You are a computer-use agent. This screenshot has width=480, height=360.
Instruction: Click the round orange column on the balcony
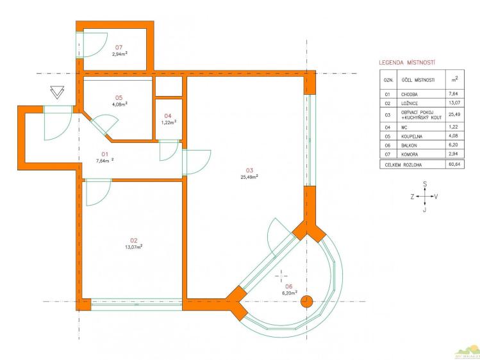(306, 302)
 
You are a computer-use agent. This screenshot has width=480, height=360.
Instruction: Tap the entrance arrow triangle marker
(57, 92)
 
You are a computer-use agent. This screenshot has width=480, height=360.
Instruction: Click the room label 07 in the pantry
(119, 47)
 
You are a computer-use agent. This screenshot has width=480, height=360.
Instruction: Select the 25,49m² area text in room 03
(249, 177)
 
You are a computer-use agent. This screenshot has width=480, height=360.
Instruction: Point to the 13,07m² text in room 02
(133, 247)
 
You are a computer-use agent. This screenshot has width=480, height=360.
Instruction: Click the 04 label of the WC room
(168, 116)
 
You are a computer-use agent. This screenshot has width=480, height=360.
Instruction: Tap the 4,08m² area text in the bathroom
(120, 104)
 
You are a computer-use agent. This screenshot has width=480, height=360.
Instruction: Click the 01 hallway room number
(104, 154)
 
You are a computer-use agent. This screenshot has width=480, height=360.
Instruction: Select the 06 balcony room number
(288, 286)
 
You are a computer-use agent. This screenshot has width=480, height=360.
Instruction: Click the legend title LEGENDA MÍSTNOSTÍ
(407, 63)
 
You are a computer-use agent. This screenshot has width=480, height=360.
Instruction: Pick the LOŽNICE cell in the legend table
(410, 103)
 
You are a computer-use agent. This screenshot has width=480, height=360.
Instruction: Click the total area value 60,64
(453, 164)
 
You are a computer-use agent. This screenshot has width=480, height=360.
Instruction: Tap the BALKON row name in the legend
(409, 145)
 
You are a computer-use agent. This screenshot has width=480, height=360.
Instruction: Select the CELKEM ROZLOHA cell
(403, 165)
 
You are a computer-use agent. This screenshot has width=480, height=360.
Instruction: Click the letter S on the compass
(425, 184)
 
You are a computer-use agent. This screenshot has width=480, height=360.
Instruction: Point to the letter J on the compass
(425, 210)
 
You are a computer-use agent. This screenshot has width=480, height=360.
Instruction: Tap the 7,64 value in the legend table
(453, 94)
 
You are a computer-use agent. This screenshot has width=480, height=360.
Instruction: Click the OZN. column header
(388, 80)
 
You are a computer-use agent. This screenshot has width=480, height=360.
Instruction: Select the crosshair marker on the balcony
(281, 276)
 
